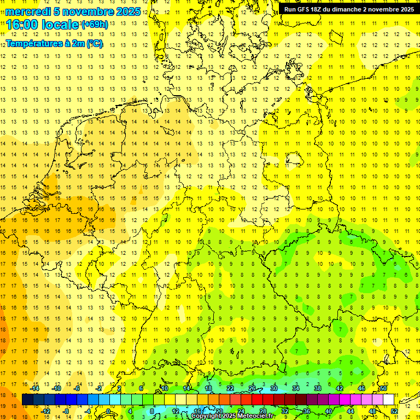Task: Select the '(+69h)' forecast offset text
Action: coord(95,25)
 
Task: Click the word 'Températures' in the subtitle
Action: coord(34,43)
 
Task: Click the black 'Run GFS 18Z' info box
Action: coord(349,9)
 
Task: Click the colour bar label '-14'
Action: coord(34,388)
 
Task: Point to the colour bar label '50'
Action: coord(384,388)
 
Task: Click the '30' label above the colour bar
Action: coord(274,388)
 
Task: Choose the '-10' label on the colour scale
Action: coord(56,388)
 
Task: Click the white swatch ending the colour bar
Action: coord(388,400)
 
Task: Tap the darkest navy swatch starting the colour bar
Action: coord(28,400)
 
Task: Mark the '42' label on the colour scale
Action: coord(340,388)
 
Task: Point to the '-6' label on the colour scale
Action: coord(78,388)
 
